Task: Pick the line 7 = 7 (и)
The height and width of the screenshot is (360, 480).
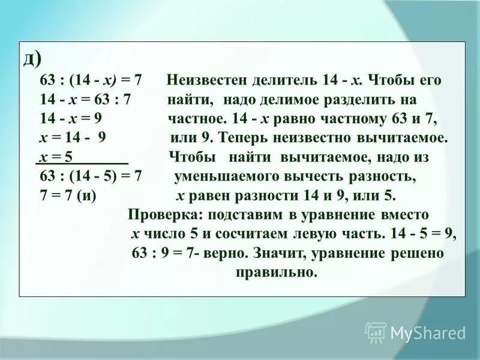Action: pos(68,196)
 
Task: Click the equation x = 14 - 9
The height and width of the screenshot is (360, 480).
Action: pos(72,139)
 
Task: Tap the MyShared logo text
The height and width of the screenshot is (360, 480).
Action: pos(428,333)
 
